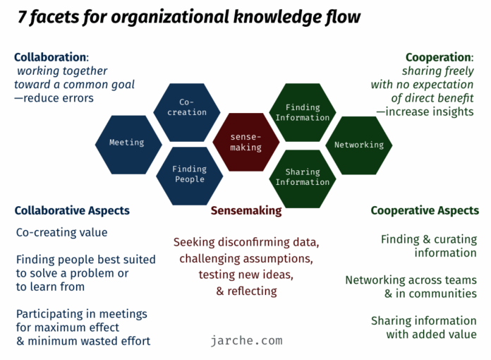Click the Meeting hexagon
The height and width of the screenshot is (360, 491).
[128, 145]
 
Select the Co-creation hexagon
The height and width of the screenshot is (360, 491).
[187, 112]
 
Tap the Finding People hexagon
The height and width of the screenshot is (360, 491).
[190, 176]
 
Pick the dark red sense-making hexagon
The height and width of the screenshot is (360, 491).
[245, 142]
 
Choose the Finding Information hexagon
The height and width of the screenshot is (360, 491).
[303, 112]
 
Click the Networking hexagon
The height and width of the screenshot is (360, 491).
[359, 145]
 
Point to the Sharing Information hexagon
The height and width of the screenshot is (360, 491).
[303, 179]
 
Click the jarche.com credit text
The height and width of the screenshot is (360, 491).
[246, 340]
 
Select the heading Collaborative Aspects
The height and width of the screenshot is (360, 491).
[72, 211]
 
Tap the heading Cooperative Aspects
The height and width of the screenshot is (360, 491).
[425, 210]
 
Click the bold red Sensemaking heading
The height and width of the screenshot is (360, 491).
[246, 211]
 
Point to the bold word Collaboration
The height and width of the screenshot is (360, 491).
[50, 57]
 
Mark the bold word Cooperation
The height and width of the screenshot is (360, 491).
[438, 58]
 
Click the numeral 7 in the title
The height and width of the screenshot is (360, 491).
[21, 17]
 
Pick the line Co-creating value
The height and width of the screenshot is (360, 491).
[61, 232]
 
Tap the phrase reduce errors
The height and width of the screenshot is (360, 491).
[59, 98]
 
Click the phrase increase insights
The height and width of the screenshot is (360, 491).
[430, 112]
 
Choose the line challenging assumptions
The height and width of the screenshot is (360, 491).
[246, 259]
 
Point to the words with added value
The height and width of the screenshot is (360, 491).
[431, 335]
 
